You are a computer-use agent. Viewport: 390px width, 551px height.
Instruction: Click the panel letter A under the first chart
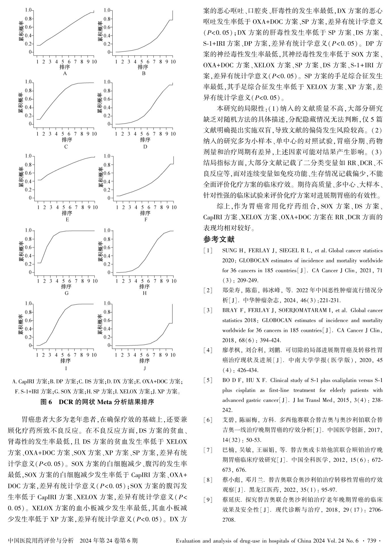[65, 74]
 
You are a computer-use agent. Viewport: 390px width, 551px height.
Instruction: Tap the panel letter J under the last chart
[144, 368]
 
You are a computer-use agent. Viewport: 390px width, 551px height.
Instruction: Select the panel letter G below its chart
[66, 293]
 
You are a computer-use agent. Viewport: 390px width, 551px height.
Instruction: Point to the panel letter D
[145, 147]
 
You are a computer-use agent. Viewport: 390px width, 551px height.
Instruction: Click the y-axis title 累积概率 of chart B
[100, 31]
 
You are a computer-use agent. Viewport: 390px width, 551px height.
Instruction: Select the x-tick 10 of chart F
[173, 207]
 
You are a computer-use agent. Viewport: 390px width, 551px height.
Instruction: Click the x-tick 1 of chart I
[37, 355]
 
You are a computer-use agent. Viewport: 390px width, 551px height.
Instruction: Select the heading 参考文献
[219, 239]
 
